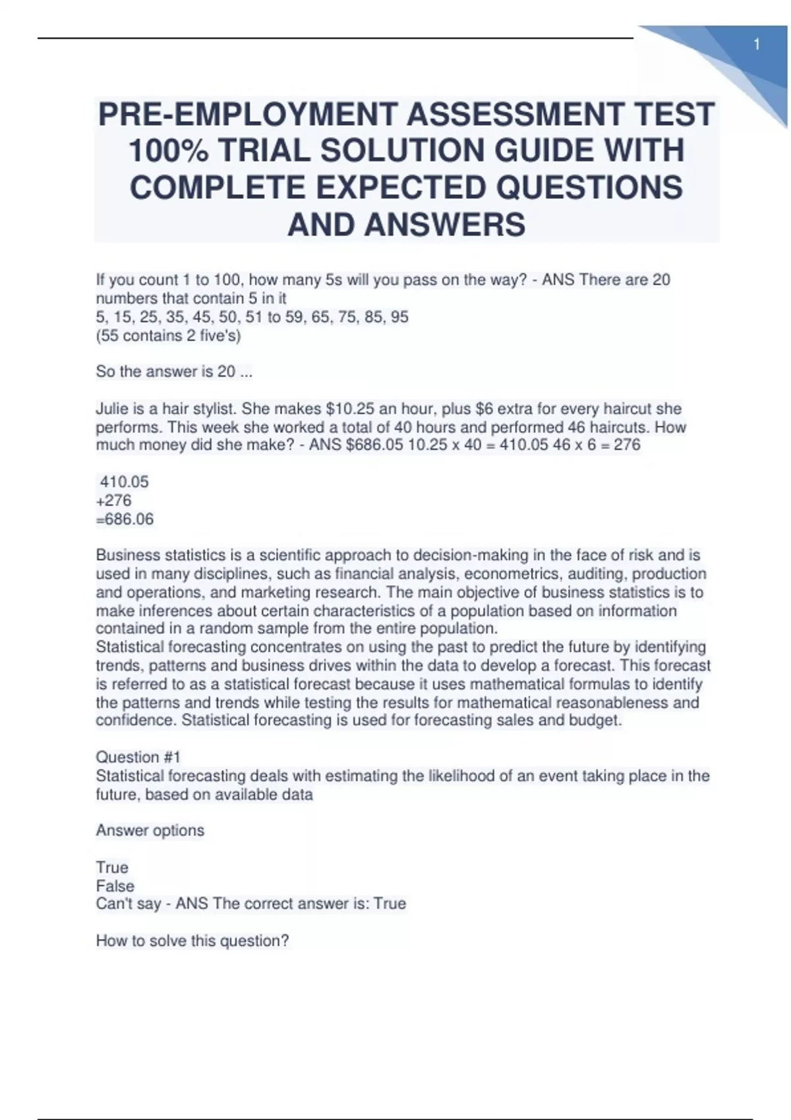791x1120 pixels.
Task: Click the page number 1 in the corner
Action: pyautogui.click(x=757, y=45)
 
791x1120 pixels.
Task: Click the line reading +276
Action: pyautogui.click(x=114, y=501)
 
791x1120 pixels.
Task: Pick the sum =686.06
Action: pyautogui.click(x=125, y=519)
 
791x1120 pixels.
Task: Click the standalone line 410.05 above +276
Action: pyautogui.click(x=124, y=482)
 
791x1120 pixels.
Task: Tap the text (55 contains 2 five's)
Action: pyautogui.click(x=169, y=335)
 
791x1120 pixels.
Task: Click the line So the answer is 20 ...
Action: pyautogui.click(x=174, y=372)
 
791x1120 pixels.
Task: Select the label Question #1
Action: pyautogui.click(x=138, y=757)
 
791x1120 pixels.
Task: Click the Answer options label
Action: pyautogui.click(x=150, y=830)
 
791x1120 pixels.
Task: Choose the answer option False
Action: pyautogui.click(x=115, y=886)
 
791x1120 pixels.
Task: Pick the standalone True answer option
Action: pyautogui.click(x=112, y=867)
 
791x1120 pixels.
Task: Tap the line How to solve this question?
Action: pyautogui.click(x=192, y=941)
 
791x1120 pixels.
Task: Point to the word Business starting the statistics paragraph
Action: pyautogui.click(x=128, y=555)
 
